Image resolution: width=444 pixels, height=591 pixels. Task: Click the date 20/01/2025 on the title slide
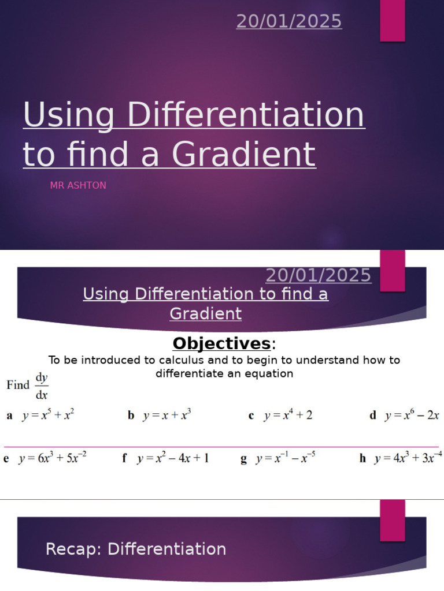(289, 21)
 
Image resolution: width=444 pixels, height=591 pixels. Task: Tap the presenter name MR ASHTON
(78, 185)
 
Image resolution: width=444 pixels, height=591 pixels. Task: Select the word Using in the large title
(69, 115)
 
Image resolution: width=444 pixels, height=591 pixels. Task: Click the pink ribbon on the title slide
(392, 21)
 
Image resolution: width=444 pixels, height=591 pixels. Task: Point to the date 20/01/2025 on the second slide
(319, 275)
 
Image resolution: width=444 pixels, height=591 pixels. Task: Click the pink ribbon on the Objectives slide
(392, 270)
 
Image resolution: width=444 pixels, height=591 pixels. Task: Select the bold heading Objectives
(221, 343)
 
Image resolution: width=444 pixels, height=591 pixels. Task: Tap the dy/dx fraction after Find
(42, 386)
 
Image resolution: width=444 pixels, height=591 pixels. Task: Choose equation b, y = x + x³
(167, 415)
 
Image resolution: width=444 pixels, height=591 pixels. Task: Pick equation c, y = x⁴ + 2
(288, 415)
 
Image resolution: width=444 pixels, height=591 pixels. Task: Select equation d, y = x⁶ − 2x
(412, 415)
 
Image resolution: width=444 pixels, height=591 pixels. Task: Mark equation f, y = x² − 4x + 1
(173, 458)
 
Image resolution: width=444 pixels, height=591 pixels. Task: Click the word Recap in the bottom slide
(73, 549)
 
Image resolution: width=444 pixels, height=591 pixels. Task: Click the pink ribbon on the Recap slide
(392, 520)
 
